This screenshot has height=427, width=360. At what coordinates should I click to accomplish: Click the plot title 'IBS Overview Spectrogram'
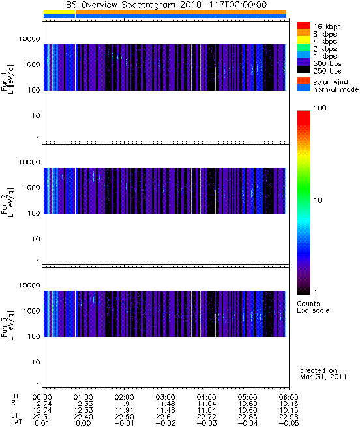pyautogui.click(x=119, y=5)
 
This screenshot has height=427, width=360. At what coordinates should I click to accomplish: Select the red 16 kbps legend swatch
pyautogui.click(x=304, y=25)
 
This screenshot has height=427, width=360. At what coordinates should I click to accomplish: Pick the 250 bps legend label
pyautogui.click(x=327, y=71)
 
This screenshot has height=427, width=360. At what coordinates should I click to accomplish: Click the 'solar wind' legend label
pyautogui.click(x=331, y=82)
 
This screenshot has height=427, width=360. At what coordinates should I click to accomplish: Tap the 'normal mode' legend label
pyautogui.click(x=336, y=89)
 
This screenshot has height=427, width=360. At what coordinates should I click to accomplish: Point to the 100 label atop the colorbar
pyautogui.click(x=320, y=108)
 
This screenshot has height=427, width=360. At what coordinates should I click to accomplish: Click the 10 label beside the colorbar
pyautogui.click(x=318, y=200)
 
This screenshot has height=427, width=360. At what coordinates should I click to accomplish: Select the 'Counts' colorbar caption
pyautogui.click(x=308, y=304)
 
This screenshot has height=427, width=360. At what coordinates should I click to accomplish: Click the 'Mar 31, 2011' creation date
pyautogui.click(x=323, y=377)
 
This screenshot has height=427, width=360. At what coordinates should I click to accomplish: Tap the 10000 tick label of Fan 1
pyautogui.click(x=29, y=39)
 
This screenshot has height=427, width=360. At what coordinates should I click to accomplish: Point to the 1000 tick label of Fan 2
pyautogui.click(x=31, y=188)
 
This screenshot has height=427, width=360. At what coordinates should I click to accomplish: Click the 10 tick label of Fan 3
pyautogui.click(x=36, y=362)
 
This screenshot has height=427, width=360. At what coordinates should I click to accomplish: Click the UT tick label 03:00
pyautogui.click(x=165, y=397)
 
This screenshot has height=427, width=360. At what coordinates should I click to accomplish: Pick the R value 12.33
pyautogui.click(x=83, y=404)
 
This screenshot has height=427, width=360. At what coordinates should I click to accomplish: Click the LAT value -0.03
pyautogui.click(x=206, y=423)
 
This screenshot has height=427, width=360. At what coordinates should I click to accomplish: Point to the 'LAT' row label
pyautogui.click(x=16, y=422)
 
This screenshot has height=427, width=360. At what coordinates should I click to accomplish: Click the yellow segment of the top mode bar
pyautogui.click(x=59, y=12)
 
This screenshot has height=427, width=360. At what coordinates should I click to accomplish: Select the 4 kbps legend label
pyautogui.click(x=325, y=42)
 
